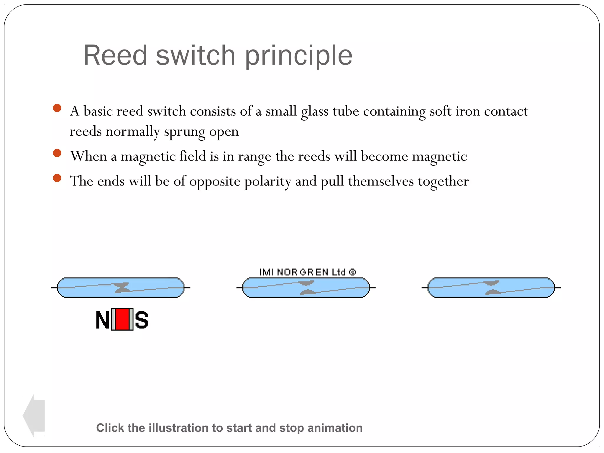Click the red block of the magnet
[x=122, y=319]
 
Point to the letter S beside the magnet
[x=142, y=320]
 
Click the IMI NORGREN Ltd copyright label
[x=307, y=272]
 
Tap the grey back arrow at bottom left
[x=34, y=416]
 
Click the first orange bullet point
[x=57, y=108]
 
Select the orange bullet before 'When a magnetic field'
[x=57, y=153]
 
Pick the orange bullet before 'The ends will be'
[x=57, y=178]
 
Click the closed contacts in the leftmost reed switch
[x=122, y=288]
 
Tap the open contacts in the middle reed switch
[x=306, y=288]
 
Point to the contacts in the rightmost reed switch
[x=492, y=288]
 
